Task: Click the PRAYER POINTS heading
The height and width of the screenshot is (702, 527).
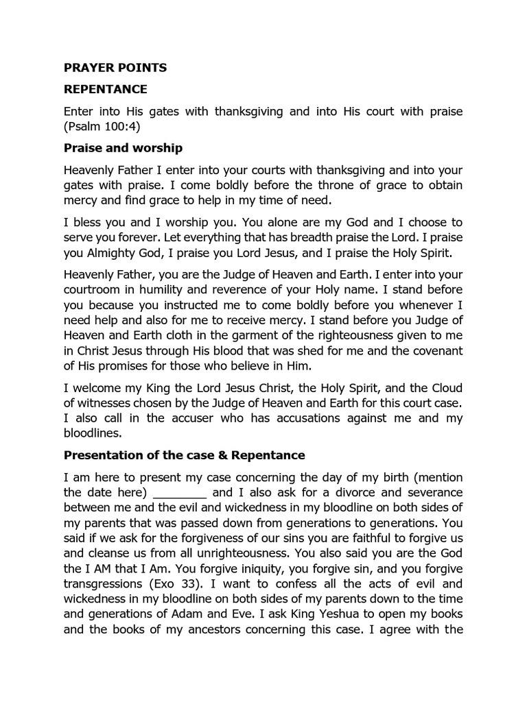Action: tap(115, 68)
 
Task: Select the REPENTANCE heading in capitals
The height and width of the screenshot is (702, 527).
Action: tap(105, 89)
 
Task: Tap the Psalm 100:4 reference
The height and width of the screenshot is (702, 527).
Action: tap(102, 127)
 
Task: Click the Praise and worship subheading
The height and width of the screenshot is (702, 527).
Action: tap(123, 148)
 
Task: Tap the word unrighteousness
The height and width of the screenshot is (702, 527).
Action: tap(253, 554)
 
